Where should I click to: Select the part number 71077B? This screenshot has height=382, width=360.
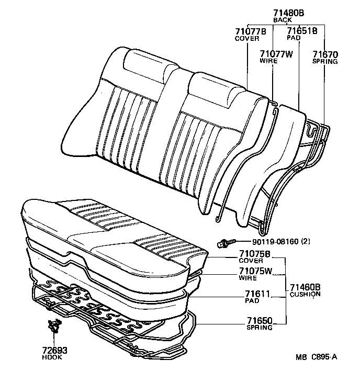(250, 31)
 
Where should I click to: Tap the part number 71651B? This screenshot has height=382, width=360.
(302, 31)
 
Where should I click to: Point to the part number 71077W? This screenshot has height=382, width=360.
(276, 53)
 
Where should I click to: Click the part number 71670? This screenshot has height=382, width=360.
(325, 53)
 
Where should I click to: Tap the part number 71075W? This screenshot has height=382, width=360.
(256, 271)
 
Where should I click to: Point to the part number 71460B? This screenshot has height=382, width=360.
(306, 287)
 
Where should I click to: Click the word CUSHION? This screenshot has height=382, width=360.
(305, 294)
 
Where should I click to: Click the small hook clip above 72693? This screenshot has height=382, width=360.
(53, 326)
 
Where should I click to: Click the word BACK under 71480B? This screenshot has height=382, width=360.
(283, 19)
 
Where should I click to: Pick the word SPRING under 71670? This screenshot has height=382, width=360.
(325, 61)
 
